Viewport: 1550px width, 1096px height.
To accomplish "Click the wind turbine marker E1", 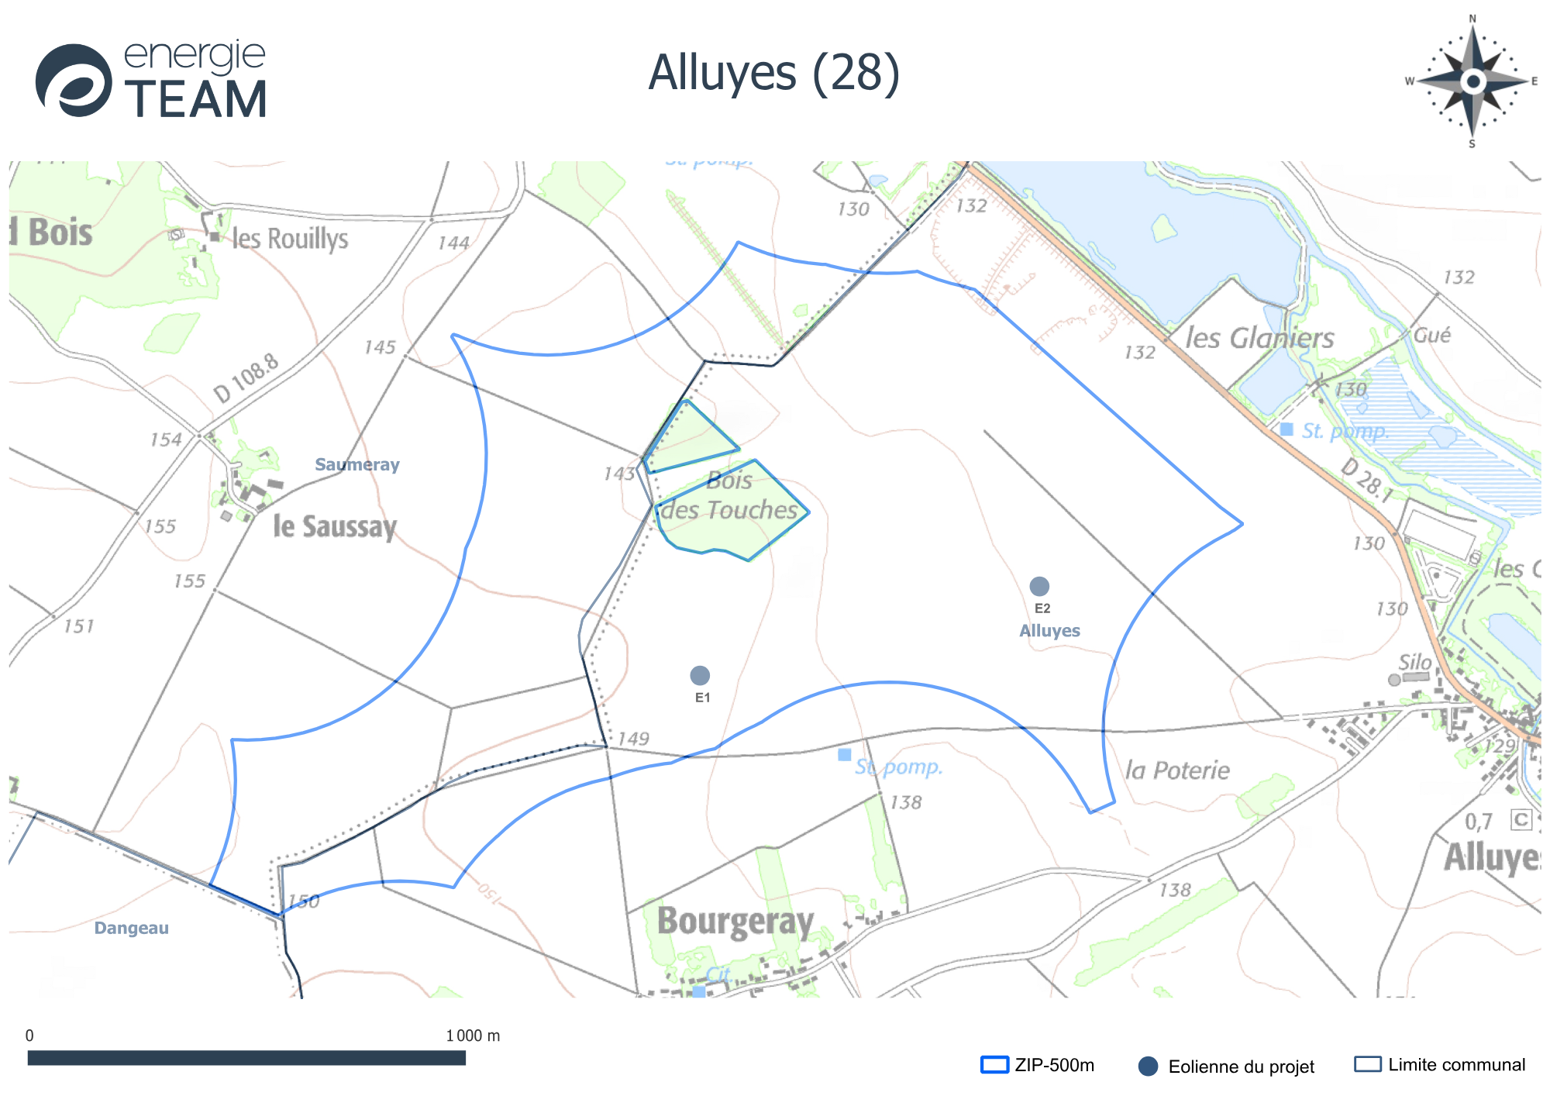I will (x=700, y=676).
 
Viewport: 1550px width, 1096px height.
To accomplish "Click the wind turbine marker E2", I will (x=1039, y=586).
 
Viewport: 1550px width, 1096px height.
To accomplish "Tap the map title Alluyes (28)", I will (x=773, y=73).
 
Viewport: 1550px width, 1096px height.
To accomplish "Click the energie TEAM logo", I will (x=152, y=81).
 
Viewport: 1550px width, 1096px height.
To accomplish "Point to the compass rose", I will (x=1472, y=81).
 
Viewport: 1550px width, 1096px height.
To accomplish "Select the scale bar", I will (x=246, y=1058).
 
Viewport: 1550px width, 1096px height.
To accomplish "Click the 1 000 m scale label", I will (x=473, y=1036).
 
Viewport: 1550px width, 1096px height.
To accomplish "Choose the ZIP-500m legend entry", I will (x=1038, y=1065).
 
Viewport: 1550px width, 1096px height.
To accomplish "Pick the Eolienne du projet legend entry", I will (x=1227, y=1067).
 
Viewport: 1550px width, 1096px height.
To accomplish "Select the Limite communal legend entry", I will (x=1440, y=1064).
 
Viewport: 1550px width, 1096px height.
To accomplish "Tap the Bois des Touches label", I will (x=729, y=496).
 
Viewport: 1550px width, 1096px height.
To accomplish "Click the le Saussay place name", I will (x=335, y=526).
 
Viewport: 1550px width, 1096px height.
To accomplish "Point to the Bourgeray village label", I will (x=735, y=921).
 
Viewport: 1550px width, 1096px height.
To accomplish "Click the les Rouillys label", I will (x=290, y=239).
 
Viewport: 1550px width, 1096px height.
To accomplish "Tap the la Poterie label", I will (x=1177, y=770).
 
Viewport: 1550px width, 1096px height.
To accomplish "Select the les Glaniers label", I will (x=1259, y=338).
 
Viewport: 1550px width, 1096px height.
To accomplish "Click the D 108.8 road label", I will (x=246, y=378).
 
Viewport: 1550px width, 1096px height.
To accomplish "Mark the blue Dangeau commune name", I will (x=131, y=928).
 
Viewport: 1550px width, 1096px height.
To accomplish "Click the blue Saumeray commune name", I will (x=356, y=464).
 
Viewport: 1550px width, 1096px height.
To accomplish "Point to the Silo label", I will (x=1414, y=662).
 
